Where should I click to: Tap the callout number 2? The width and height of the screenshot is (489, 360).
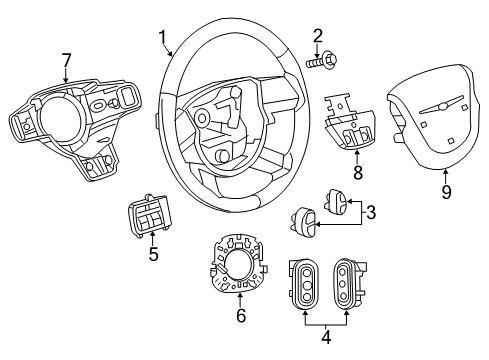318,35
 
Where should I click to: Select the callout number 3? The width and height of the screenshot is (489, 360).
370,213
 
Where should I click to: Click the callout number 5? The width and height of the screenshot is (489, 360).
152,254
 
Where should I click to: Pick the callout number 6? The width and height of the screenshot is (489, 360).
239,315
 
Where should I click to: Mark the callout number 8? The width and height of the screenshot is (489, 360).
357,173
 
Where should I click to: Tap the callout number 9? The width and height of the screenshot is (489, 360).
447,190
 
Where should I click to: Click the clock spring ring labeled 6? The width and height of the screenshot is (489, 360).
240,265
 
